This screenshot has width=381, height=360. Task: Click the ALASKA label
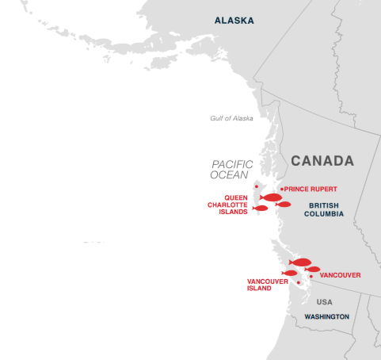(234, 21)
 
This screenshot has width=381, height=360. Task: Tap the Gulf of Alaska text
(231, 118)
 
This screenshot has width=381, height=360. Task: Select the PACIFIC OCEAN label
(231, 170)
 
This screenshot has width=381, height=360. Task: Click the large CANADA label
(322, 161)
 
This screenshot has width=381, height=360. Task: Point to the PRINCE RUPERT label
(311, 189)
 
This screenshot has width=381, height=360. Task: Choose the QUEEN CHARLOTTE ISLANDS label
(228, 205)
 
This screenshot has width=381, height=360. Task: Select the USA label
(324, 302)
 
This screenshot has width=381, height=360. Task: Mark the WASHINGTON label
(326, 316)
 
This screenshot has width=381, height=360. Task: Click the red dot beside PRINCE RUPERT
(281, 189)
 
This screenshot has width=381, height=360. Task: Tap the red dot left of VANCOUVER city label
(311, 276)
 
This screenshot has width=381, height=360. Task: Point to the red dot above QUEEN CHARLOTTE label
(256, 186)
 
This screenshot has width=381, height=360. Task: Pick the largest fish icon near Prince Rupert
(271, 197)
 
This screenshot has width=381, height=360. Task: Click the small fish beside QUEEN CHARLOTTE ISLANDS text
(260, 209)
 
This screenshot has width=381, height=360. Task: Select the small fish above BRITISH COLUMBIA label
(283, 205)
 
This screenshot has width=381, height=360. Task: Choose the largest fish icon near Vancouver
(300, 262)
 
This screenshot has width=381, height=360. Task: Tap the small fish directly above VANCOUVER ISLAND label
(289, 273)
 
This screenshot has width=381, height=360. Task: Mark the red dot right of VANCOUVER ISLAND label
(298, 282)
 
